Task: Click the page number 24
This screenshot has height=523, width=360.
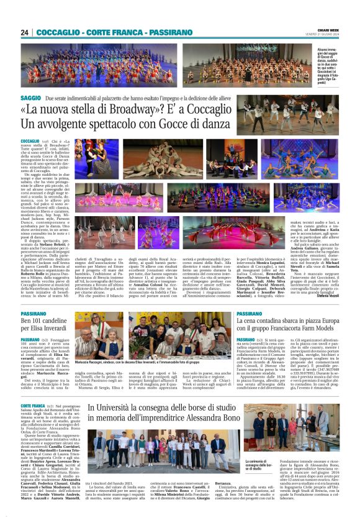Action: click(x=24, y=32)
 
